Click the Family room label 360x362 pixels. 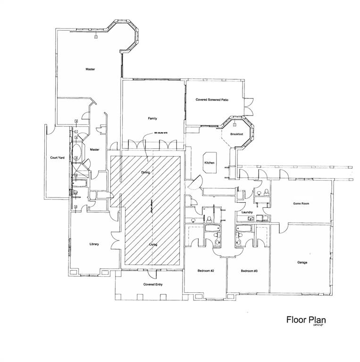pyautogui.click(x=152, y=118)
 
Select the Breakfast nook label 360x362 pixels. pyautogui.click(x=236, y=135)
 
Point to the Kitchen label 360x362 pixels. pyautogui.click(x=209, y=163)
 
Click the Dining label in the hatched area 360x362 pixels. pyautogui.click(x=145, y=173)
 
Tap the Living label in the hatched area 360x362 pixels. pyautogui.click(x=153, y=245)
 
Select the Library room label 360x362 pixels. pyautogui.click(x=94, y=244)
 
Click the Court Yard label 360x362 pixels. pyautogui.click(x=58, y=158)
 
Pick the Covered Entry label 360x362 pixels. pyautogui.click(x=152, y=285)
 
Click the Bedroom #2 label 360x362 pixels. pyautogui.click(x=206, y=271)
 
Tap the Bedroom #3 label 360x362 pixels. pyautogui.click(x=249, y=271)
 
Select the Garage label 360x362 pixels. pyautogui.click(x=302, y=263)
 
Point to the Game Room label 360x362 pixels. pyautogui.click(x=301, y=204)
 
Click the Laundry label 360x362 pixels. pyautogui.click(x=247, y=213)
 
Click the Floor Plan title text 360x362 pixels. pyautogui.click(x=306, y=320)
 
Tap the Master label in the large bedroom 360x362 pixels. pyautogui.click(x=90, y=69)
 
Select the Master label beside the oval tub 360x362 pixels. pyautogui.click(x=95, y=149)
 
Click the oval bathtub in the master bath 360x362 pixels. pyautogui.click(x=78, y=153)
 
